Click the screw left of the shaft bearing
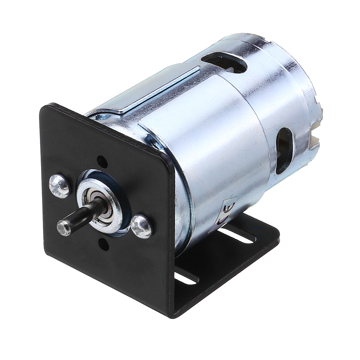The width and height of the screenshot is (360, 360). coord(59,186)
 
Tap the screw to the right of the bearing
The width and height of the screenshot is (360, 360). coord(141,226)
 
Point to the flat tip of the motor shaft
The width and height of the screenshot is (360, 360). coord(64,228)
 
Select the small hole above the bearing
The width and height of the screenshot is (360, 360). coord(102,162)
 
